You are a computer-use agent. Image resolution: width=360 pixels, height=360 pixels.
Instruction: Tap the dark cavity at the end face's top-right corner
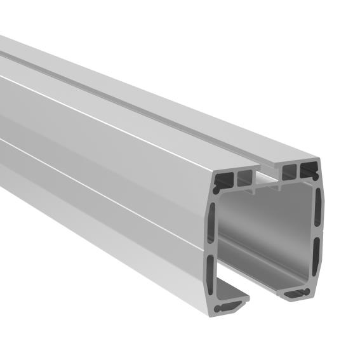tap(310, 169)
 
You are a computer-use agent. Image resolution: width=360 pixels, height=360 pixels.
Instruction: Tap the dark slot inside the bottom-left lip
tap(225, 309)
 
